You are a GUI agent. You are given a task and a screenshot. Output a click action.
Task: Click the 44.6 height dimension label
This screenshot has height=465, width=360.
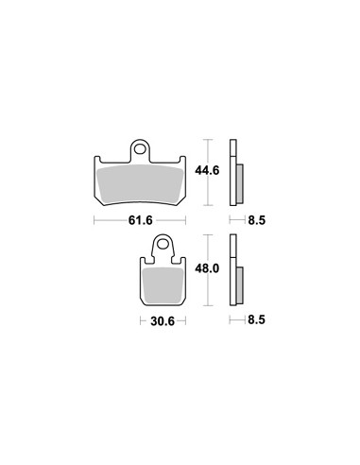click(x=207, y=170)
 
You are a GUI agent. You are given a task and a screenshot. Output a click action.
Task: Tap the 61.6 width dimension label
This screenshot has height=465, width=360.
click(x=141, y=220)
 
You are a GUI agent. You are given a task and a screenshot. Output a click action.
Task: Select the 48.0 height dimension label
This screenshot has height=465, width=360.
click(x=207, y=268)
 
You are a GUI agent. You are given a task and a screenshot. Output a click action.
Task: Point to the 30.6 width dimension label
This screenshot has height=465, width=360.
click(x=163, y=321)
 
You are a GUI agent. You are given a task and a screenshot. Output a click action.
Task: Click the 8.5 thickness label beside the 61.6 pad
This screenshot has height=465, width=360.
click(x=257, y=220)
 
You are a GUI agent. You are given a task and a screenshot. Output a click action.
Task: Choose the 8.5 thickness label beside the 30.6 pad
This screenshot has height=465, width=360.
click(x=257, y=320)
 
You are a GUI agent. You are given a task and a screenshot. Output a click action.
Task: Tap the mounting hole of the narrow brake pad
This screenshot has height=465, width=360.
click(x=163, y=244)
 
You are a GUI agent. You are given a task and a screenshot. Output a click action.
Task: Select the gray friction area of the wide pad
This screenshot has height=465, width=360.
click(x=141, y=185)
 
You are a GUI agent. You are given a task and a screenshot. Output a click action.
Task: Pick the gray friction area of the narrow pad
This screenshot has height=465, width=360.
click(x=163, y=284)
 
